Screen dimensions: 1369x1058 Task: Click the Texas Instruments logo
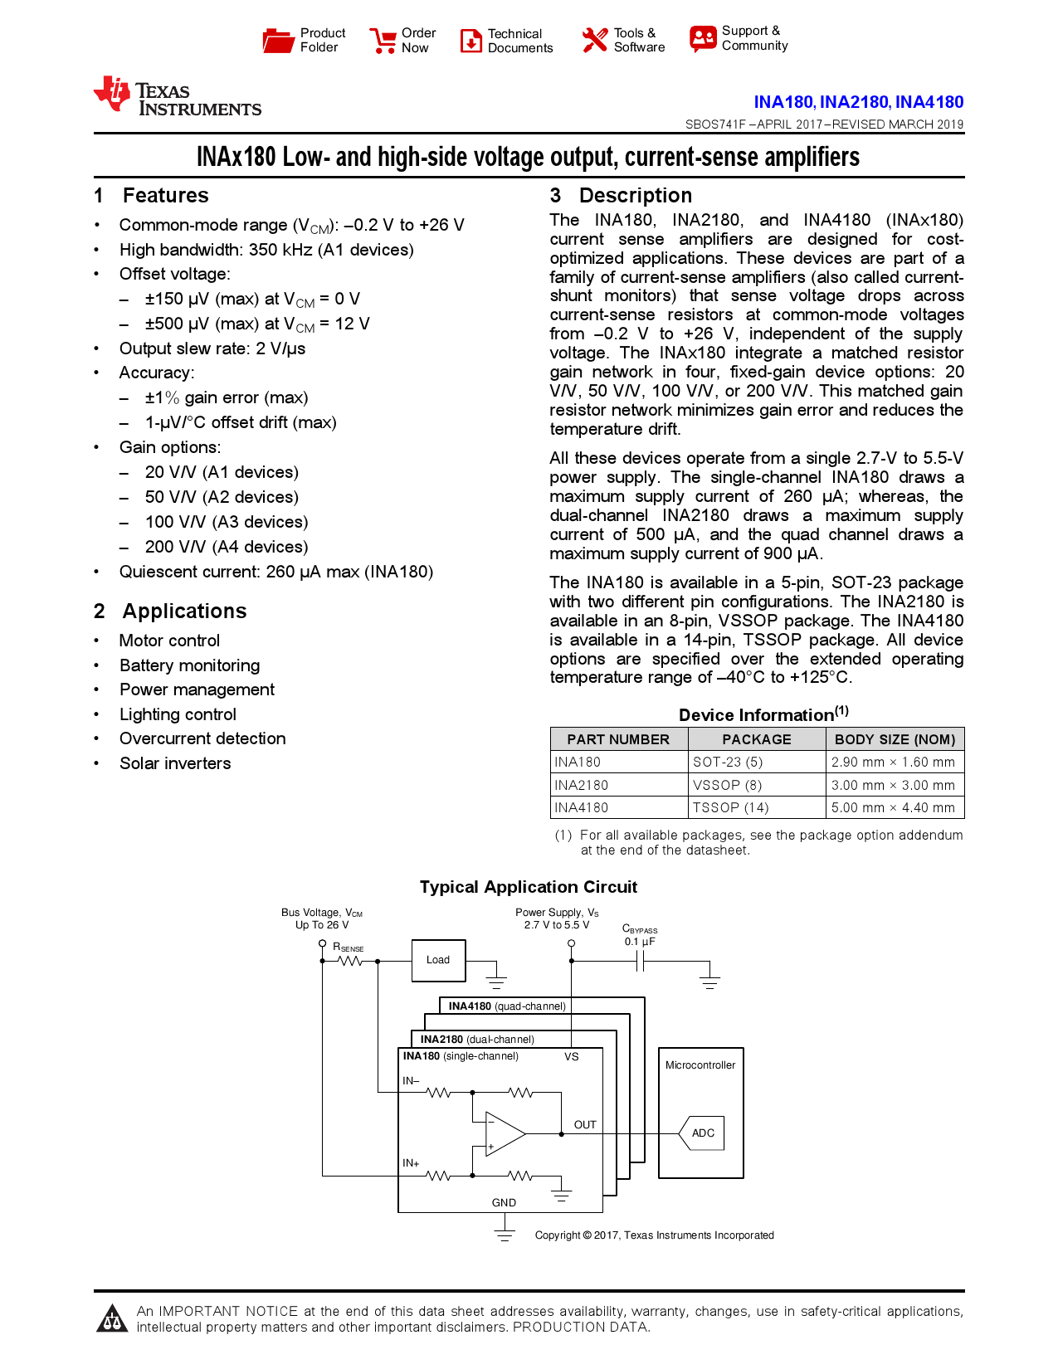[x=177, y=97]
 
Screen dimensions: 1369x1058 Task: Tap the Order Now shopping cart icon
[x=383, y=41]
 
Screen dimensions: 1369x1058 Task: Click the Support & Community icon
[x=703, y=38]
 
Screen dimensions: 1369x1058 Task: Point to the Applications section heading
[x=184, y=611]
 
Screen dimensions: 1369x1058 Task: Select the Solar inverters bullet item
[x=175, y=763]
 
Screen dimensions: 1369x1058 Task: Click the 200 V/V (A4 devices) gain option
[x=226, y=547]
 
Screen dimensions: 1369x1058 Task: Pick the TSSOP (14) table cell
[x=731, y=807]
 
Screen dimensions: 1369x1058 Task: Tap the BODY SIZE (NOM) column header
[x=895, y=739]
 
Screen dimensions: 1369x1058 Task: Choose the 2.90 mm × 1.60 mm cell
[x=893, y=762]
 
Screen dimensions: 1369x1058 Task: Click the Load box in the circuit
[x=438, y=960]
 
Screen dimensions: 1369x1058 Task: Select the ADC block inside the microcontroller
[x=702, y=1133]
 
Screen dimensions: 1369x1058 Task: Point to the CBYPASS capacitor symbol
[x=640, y=962]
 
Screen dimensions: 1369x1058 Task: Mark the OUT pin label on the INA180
[x=585, y=1125]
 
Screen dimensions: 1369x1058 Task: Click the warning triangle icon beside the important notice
[x=111, y=1319]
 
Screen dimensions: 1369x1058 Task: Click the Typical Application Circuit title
[x=528, y=887]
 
